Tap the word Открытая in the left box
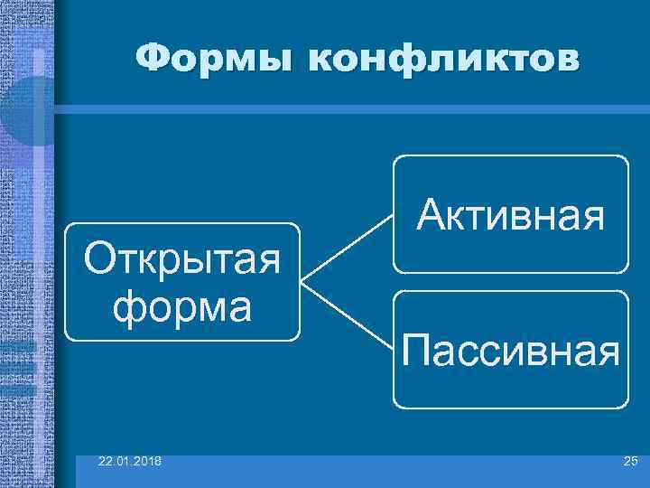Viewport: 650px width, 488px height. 181,261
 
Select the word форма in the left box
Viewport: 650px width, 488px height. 181,305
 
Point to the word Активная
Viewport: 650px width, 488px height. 510,215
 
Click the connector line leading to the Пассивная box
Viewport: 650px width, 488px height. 347,315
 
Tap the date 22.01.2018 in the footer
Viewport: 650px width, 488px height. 131,462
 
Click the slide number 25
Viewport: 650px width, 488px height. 629,462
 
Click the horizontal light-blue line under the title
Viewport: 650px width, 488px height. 352,108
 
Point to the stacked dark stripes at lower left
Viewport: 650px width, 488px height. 18,366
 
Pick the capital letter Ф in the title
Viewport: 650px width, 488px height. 153,59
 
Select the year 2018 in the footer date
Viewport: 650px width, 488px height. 147,462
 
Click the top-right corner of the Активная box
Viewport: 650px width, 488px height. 625,158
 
